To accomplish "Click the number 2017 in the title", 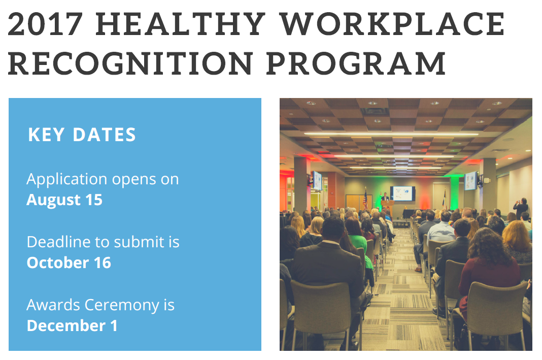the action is (45, 24).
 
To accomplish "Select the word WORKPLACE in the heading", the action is (392, 24).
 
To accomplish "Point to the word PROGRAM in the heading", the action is (356, 63).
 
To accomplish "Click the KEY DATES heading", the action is (82, 135).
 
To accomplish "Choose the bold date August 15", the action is (64, 200).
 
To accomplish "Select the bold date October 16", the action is (69, 263).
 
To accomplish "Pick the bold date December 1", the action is (72, 326).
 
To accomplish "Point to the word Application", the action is (67, 180).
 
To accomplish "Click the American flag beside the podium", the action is (365, 199).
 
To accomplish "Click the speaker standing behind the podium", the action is (385, 197).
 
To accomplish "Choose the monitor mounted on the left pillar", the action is (317, 181).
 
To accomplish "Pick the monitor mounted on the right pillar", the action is (471, 181).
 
